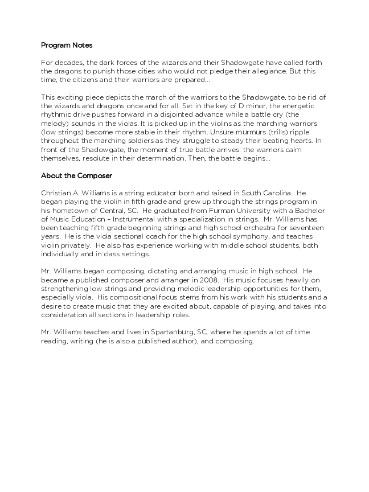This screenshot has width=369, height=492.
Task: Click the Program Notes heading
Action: (x=67, y=45)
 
